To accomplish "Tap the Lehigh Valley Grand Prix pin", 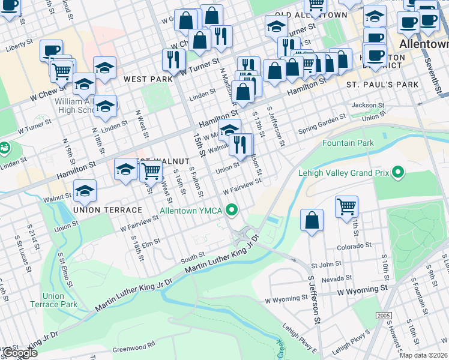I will tap(397, 173).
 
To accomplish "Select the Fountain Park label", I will tap(348, 143).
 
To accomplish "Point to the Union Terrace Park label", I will tap(60, 300).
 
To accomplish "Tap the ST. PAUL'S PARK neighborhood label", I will tap(382, 85).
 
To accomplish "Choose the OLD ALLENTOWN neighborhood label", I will tap(311, 14).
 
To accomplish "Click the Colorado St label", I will tap(354, 245).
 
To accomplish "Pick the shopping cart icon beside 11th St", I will tap(346, 207).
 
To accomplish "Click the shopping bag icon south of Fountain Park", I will tap(312, 220).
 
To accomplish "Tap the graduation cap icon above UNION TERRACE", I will tap(85, 191).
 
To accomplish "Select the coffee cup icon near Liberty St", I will tap(51, 50).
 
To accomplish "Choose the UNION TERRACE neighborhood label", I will tap(107, 210).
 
